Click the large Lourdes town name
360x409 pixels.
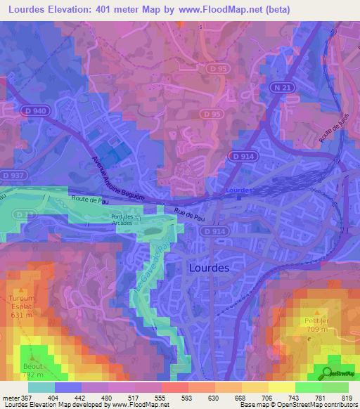(x=214, y=268)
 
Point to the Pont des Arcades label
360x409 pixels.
(x=127, y=220)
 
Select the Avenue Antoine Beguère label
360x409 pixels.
(x=117, y=176)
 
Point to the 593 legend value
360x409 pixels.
(x=187, y=397)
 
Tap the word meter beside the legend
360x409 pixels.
(x=8, y=397)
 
